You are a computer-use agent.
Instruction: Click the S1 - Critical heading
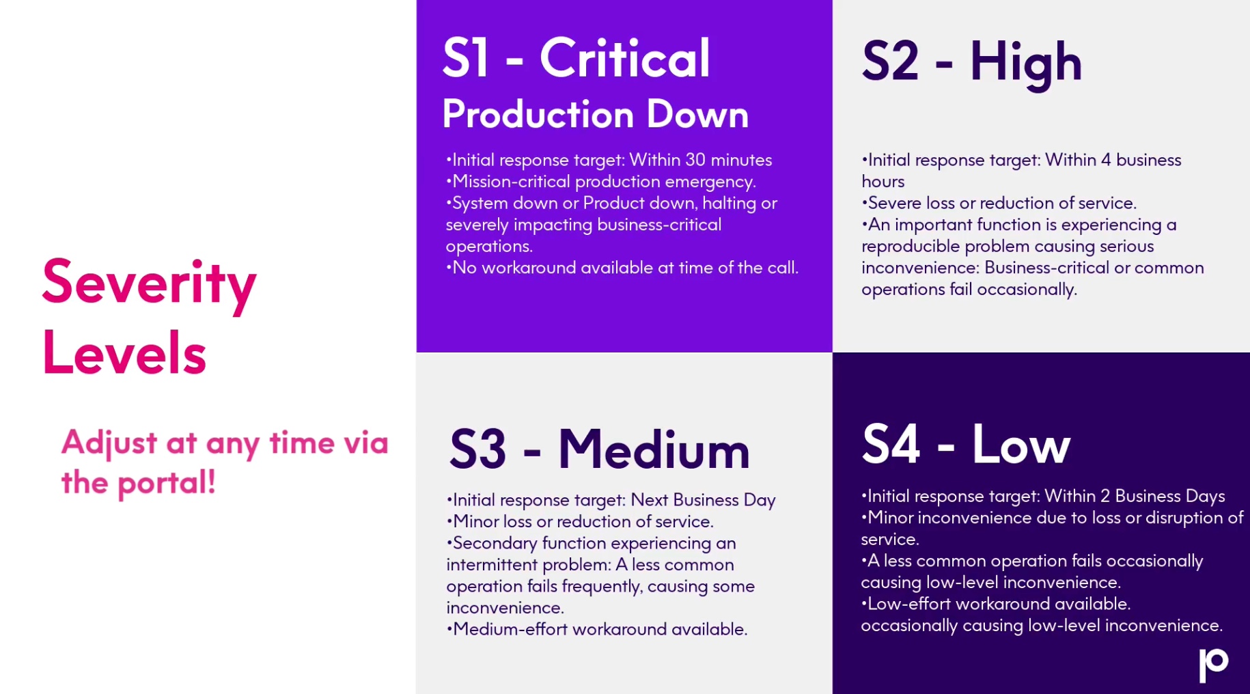(576, 58)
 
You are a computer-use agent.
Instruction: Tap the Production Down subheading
(595, 113)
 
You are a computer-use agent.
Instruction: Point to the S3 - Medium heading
(599, 449)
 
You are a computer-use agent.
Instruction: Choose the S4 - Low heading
(966, 444)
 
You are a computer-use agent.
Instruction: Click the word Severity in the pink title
(149, 284)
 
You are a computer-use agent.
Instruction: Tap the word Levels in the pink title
(124, 353)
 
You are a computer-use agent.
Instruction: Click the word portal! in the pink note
(167, 483)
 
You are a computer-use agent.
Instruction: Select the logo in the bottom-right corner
(1214, 665)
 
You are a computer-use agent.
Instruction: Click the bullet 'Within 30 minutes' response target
(609, 160)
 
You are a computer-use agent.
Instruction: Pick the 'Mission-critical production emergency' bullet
(600, 182)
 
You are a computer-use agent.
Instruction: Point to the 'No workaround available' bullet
(622, 268)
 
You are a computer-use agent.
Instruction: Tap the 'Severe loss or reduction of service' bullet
(999, 203)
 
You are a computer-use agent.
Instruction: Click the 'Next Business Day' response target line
(611, 500)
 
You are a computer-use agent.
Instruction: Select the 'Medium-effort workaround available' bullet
(597, 629)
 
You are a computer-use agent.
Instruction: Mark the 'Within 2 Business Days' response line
(1043, 496)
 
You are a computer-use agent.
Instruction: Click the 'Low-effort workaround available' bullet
(996, 604)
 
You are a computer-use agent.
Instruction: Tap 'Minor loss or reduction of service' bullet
(580, 521)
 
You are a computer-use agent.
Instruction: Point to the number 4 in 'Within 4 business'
(1106, 160)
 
